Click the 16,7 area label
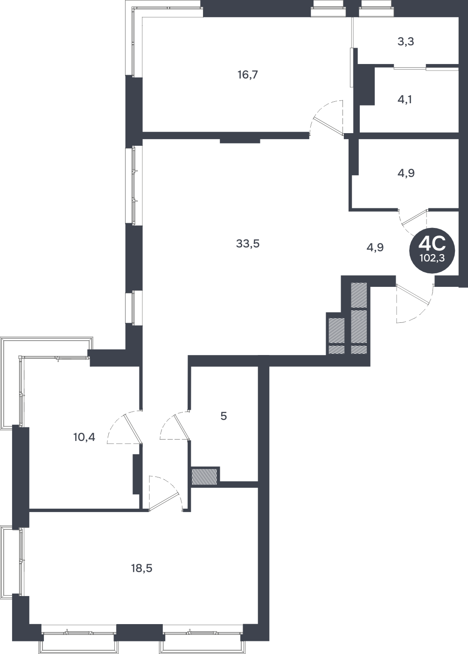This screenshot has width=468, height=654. pyautogui.click(x=248, y=75)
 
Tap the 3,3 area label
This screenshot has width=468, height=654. pyautogui.click(x=405, y=42)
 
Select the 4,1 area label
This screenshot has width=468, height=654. pyautogui.click(x=405, y=100)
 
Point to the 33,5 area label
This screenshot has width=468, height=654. pyautogui.click(x=248, y=243)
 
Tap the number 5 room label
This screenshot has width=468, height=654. pyautogui.click(x=224, y=416)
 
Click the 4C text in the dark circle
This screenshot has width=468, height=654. pyautogui.click(x=432, y=244)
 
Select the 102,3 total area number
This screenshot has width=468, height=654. pyautogui.click(x=432, y=258)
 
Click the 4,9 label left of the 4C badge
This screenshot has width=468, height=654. pyautogui.click(x=375, y=248)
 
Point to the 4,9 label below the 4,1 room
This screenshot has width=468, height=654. pyautogui.click(x=406, y=173)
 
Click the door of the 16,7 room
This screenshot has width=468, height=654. pyautogui.click(x=328, y=126)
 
